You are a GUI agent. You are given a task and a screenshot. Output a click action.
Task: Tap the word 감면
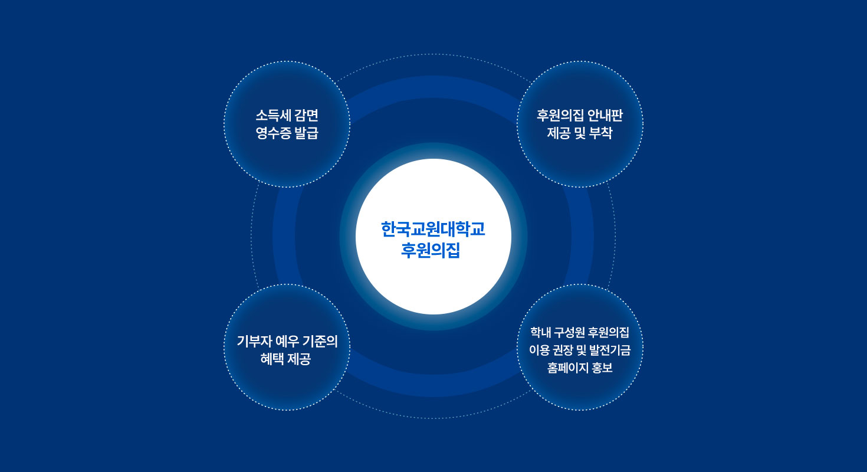[x=307, y=116]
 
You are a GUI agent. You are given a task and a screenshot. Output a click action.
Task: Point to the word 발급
[x=307, y=133]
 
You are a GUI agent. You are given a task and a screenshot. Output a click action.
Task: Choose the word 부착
[x=600, y=133]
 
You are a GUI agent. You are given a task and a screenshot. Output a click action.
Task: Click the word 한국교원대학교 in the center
[x=433, y=230]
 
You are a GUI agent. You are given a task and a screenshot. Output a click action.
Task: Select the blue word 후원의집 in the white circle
[x=431, y=250]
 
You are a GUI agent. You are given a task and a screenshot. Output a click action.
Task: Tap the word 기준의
[x=320, y=342]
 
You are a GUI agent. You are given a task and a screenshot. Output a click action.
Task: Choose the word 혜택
[x=272, y=359]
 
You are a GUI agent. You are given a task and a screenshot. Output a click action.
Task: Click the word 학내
[x=541, y=332]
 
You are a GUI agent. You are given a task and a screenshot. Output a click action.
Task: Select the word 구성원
[x=570, y=332]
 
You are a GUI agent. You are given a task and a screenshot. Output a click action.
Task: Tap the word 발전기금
[x=610, y=350]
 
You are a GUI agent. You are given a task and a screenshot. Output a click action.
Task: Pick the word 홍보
[x=602, y=368]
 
